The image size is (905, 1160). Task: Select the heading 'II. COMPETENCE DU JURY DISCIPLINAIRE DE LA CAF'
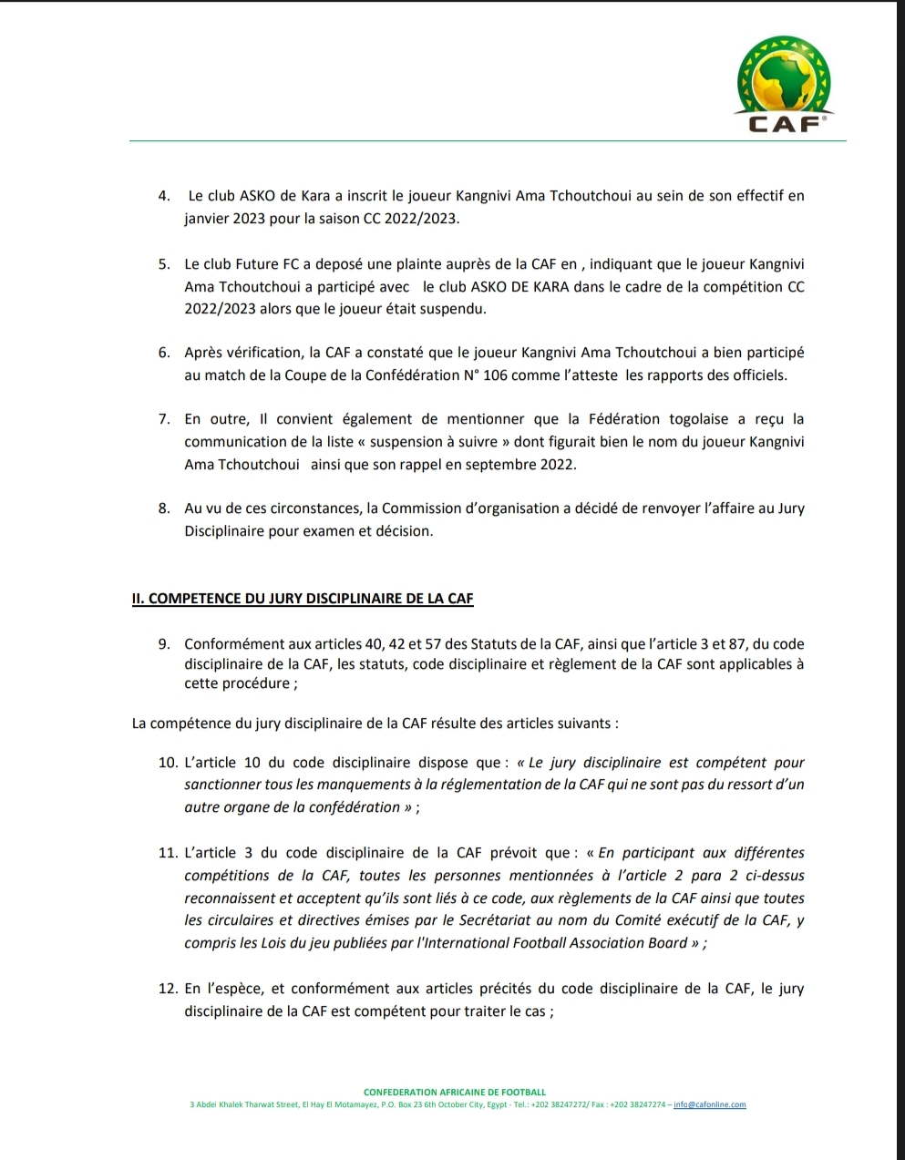303,599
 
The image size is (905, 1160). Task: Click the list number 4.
164,196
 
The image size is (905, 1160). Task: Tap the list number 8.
164,508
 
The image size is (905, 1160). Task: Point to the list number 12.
168,989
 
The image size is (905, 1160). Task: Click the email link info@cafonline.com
709,1104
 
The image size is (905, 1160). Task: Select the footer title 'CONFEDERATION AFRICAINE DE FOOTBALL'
455,1092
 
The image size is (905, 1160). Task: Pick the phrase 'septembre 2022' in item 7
525,464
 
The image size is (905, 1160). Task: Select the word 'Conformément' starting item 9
228,644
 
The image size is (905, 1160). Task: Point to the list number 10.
168,762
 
